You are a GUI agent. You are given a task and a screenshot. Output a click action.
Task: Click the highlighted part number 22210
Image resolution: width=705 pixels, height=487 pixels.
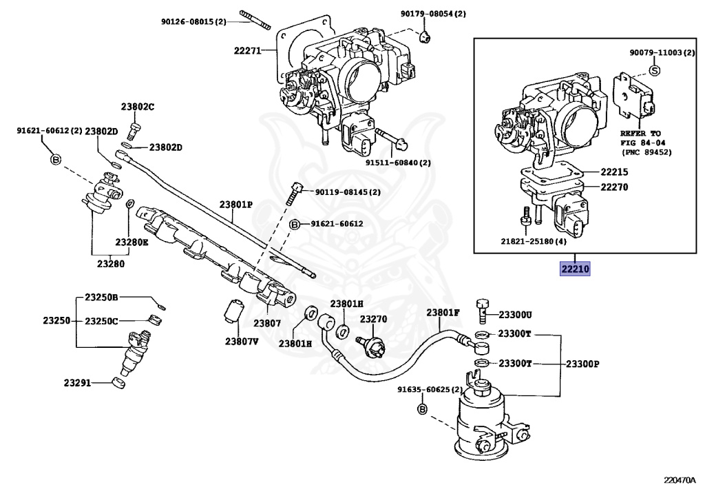574,269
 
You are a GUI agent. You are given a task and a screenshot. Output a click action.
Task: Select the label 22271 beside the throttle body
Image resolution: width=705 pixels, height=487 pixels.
247,50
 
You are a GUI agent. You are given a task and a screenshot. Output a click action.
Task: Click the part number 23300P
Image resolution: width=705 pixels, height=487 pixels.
582,364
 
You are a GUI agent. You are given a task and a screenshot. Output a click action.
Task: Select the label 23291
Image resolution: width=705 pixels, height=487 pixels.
78,382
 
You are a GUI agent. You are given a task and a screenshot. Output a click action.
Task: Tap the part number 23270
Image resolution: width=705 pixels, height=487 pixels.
373,319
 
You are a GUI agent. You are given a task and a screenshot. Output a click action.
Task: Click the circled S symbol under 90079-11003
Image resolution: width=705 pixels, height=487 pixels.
655,70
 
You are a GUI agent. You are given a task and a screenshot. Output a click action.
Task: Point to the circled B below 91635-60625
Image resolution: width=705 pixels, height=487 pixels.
423,410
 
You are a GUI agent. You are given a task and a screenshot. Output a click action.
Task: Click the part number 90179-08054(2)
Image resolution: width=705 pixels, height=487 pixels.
433,13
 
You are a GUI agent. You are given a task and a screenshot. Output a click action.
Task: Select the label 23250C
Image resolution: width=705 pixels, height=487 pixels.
102,321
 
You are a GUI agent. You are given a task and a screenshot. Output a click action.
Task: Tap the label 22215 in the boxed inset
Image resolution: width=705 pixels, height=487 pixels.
614,172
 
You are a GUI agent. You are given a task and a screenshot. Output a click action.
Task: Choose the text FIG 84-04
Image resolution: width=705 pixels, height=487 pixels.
644,143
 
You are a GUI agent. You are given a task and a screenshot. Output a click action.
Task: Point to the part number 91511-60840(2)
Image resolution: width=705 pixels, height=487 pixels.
398,163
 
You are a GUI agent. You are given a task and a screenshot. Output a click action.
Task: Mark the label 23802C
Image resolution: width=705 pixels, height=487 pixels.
138,107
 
